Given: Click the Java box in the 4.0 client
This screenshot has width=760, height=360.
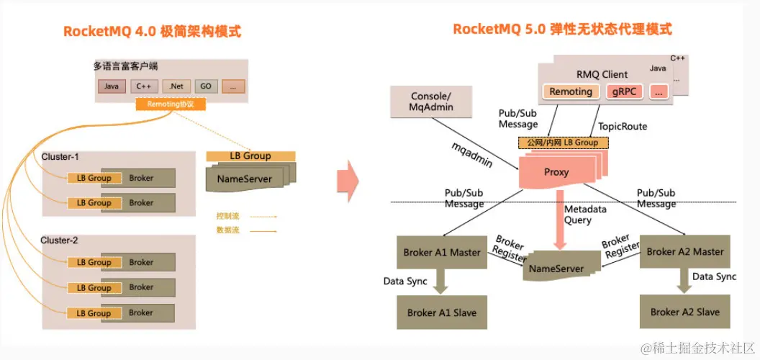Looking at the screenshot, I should (111, 86).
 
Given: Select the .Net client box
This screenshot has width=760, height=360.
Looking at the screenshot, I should (176, 86).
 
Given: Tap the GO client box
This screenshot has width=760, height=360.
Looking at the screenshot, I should (206, 86).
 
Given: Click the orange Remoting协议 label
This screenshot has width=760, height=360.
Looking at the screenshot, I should (171, 104).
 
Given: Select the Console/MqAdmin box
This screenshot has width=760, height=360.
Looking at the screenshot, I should (432, 102).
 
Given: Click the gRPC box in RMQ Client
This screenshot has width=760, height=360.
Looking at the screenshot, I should (625, 92).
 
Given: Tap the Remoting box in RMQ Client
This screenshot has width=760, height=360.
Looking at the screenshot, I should (570, 92).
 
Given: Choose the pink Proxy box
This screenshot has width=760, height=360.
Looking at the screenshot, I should (556, 172).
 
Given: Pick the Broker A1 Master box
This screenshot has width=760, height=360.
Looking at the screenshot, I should (442, 252).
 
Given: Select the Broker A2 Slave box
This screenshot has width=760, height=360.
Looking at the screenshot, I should (684, 312).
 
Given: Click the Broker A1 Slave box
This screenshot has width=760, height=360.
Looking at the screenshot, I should (441, 312).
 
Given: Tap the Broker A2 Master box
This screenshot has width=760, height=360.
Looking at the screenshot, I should (684, 251).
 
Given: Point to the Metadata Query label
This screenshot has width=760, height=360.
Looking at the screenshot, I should (584, 215).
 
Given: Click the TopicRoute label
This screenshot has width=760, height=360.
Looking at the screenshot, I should (623, 127).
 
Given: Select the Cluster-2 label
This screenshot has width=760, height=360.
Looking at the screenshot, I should (59, 240).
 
